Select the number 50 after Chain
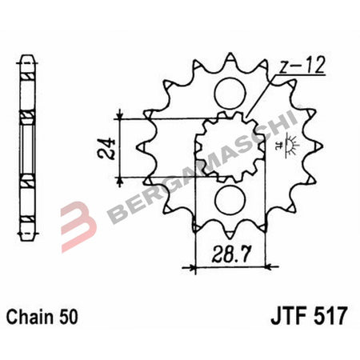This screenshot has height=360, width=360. pyautogui.click(x=70, y=315)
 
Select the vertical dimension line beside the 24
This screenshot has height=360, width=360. pyautogui.click(x=119, y=147)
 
